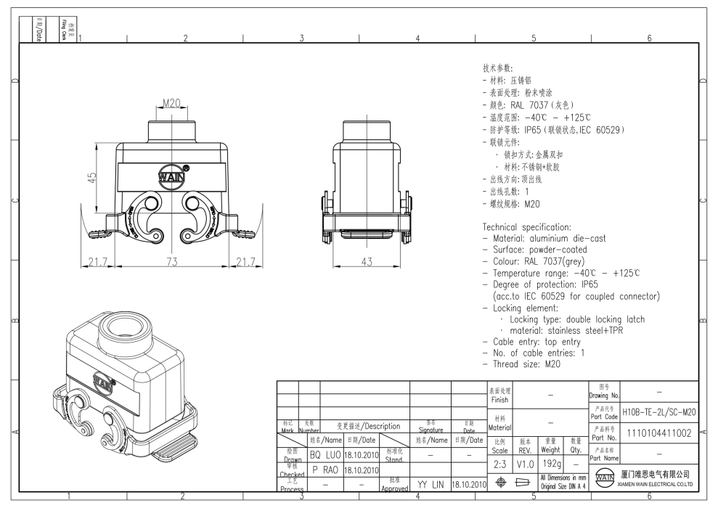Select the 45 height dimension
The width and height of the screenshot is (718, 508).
coord(91,177)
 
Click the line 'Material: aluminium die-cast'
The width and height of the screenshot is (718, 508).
coord(544,238)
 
